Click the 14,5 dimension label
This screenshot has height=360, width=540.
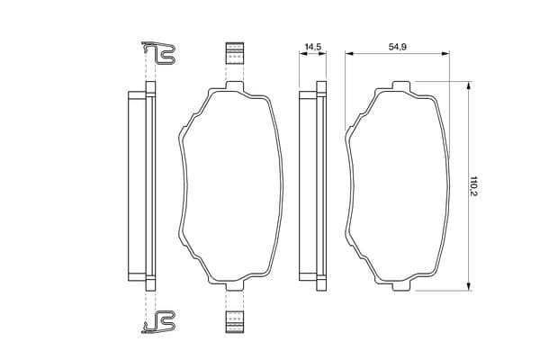[312, 46]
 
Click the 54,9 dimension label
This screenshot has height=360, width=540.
[398, 46]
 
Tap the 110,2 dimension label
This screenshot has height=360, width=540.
[474, 186]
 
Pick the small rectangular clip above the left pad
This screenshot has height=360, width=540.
[235, 53]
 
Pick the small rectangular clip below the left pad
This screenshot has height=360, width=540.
[235, 322]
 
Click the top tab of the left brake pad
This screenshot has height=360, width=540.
[235, 85]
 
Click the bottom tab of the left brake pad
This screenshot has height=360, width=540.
[235, 286]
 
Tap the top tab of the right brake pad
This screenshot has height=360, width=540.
[401, 85]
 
